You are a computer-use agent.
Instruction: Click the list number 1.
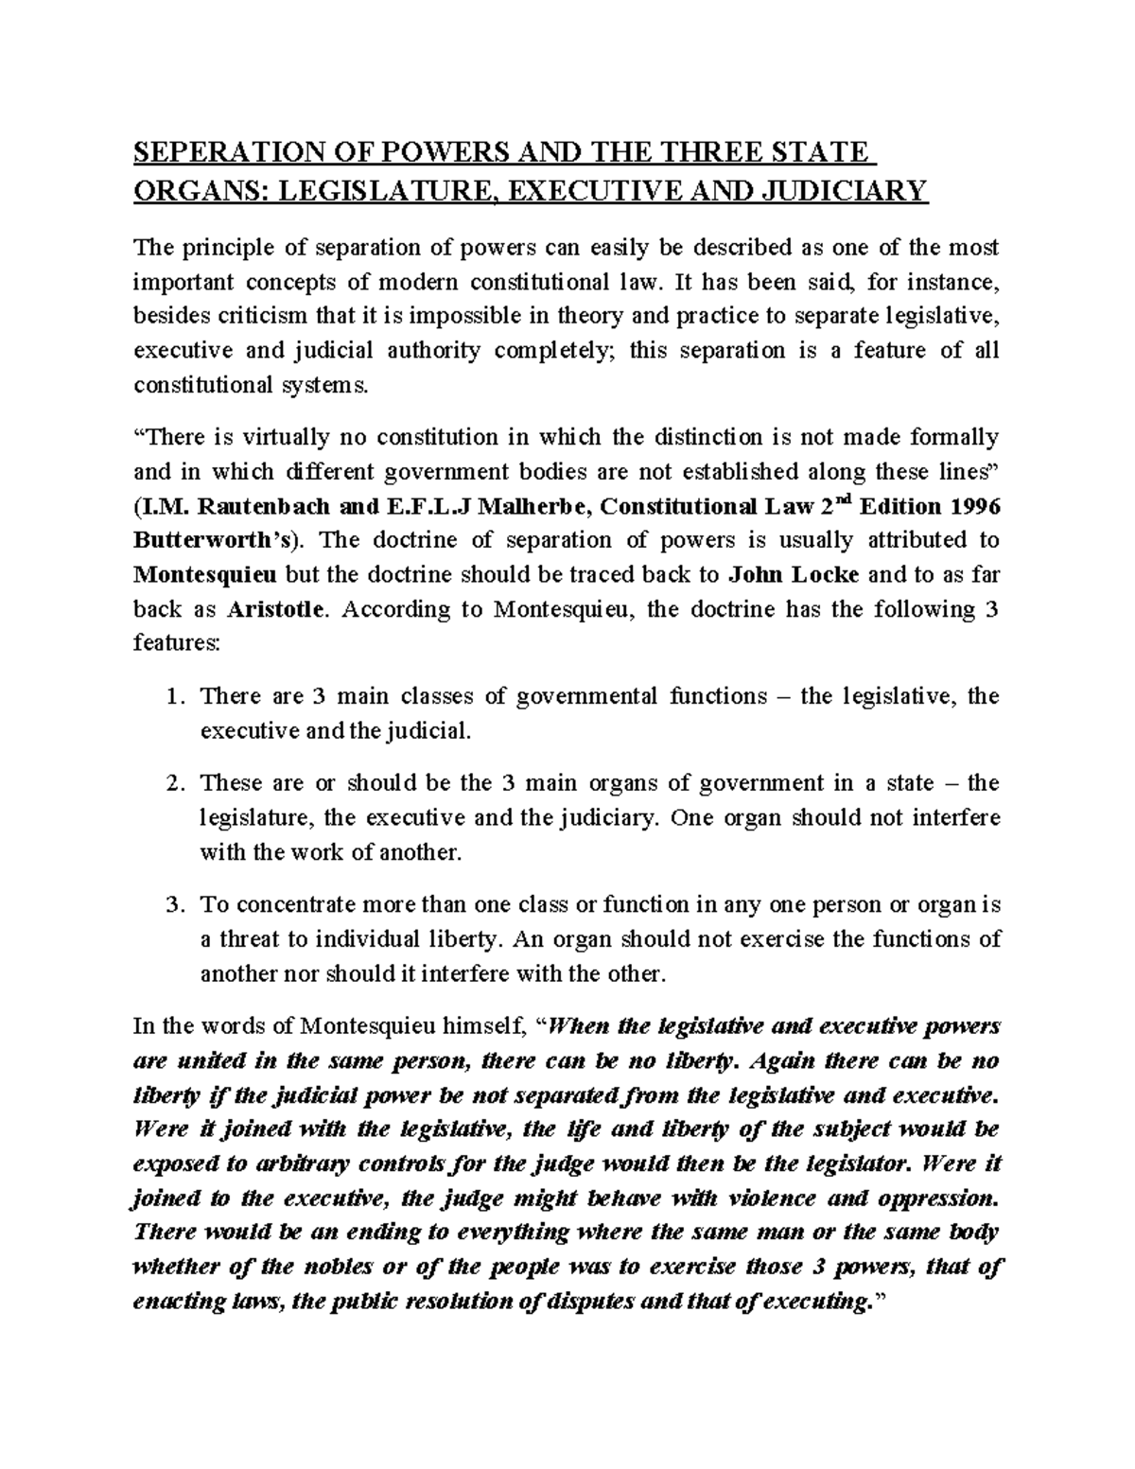coord(171,697)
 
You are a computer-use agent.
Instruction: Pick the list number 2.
coord(171,784)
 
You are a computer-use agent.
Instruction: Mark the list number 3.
coord(171,905)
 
